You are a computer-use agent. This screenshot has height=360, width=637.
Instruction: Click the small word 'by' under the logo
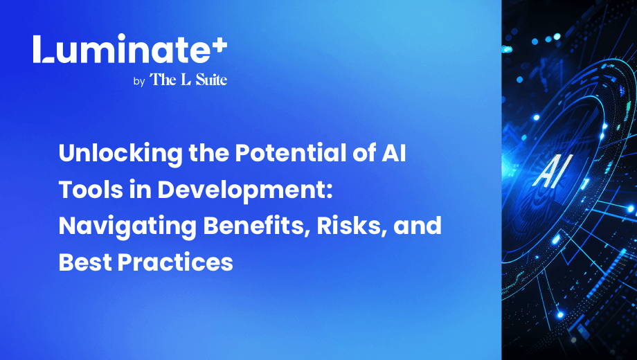[x=139, y=82]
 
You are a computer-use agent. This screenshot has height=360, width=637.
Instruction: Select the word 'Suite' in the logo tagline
[x=211, y=79]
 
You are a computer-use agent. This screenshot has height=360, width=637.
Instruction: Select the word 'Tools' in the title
[x=91, y=189]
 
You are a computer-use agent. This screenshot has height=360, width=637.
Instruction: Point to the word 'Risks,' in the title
[x=352, y=226]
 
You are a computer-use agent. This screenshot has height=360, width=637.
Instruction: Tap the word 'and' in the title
[x=418, y=226]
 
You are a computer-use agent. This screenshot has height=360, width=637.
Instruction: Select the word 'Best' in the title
[x=84, y=262]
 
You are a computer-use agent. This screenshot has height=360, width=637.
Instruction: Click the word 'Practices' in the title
[x=175, y=262]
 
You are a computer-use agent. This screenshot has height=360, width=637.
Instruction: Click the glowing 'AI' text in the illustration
[x=551, y=172]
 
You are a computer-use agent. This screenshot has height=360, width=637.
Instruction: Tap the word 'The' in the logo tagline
[x=163, y=79]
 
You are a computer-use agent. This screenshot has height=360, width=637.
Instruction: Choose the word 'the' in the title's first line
[x=209, y=153]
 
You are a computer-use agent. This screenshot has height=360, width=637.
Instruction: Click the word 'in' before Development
[x=140, y=189]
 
